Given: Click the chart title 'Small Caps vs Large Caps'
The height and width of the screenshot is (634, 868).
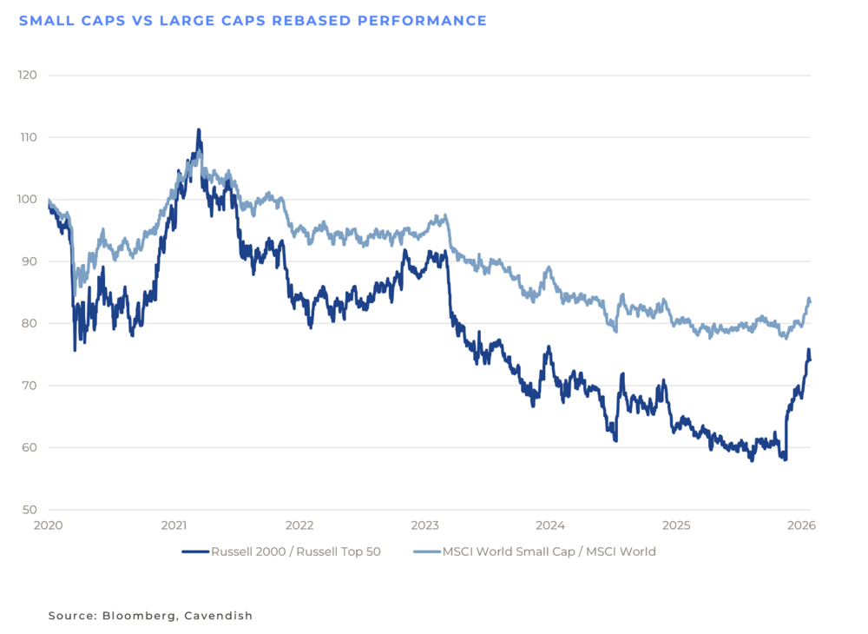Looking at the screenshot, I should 252,21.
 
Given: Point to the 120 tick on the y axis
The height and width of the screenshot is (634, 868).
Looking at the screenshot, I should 27,75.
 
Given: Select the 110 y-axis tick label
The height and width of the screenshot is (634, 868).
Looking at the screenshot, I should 27,137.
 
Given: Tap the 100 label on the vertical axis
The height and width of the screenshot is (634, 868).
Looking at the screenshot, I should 27,199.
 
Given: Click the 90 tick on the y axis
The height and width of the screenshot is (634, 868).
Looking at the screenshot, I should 29,261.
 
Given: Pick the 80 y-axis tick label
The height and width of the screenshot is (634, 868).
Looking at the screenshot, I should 29,323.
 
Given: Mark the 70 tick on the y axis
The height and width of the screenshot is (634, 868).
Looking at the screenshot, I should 29,386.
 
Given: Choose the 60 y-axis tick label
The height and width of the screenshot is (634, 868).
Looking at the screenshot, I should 29,447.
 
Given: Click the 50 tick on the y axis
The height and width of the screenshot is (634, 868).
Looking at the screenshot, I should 29,510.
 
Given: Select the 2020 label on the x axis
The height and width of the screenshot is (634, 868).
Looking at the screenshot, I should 49,525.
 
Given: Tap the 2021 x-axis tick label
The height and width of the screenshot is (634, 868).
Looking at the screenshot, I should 174,525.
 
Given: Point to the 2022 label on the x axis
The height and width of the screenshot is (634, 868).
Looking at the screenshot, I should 299,525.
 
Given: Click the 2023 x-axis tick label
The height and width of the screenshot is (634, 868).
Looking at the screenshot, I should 425,525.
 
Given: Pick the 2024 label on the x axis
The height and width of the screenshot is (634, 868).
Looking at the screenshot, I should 550,525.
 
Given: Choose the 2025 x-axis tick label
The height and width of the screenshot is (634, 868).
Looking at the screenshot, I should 676,525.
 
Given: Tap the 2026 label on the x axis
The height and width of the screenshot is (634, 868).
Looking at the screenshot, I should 800,525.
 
